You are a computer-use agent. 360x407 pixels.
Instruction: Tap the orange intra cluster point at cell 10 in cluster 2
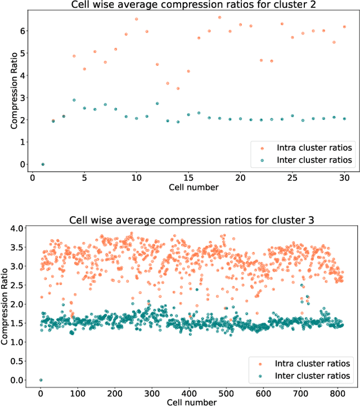[x=136, y=19]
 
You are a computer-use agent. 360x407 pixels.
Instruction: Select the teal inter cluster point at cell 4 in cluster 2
[x=74, y=100]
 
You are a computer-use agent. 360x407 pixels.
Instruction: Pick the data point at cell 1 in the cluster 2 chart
[x=42, y=164]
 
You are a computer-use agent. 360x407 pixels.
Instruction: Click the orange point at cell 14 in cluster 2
[x=178, y=88]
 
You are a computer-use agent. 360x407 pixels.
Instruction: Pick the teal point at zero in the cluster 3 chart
[x=40, y=380]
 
